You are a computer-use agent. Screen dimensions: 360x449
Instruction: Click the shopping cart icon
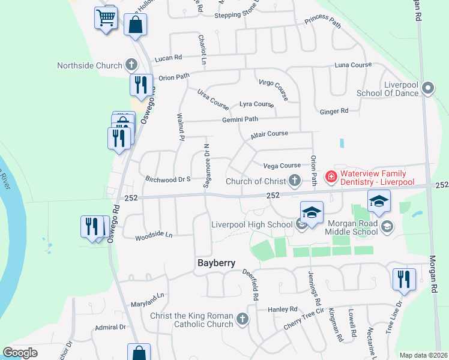(106, 18)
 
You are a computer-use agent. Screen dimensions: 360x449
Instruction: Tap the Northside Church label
(89, 65)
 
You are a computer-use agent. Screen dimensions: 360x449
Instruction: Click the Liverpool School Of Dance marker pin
(428, 88)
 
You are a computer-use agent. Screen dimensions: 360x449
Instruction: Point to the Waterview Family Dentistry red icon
(331, 176)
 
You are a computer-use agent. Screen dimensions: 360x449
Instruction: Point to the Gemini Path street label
(240, 119)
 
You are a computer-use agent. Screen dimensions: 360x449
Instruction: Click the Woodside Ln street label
(154, 235)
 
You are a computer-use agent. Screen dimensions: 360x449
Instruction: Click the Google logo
(20, 353)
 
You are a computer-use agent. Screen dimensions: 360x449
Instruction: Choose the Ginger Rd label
(334, 111)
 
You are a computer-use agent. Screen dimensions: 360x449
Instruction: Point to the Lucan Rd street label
(168, 58)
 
